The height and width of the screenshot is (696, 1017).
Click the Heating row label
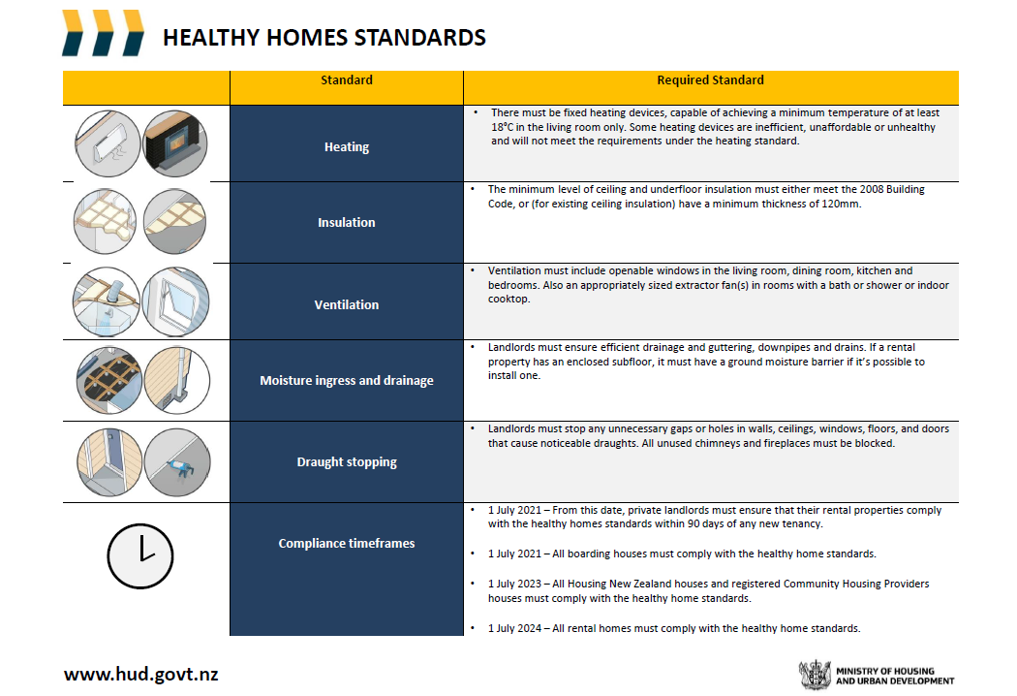pyautogui.click(x=347, y=146)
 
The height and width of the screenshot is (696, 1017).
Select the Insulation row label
pyautogui.click(x=347, y=222)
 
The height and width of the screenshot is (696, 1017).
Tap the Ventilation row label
pyautogui.click(x=347, y=304)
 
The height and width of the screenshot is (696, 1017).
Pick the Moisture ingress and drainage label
pyautogui.click(x=347, y=380)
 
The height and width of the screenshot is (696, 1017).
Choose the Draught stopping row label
pyautogui.click(x=347, y=461)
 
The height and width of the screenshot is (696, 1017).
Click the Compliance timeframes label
pyautogui.click(x=347, y=544)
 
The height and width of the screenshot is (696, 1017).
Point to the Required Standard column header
pyautogui.click(x=710, y=79)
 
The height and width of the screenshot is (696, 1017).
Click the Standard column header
pyautogui.click(x=347, y=79)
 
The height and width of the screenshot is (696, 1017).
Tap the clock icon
pyautogui.click(x=140, y=556)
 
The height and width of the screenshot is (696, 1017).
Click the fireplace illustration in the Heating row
pyautogui.click(x=175, y=143)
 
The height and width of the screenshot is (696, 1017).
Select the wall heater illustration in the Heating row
pyautogui.click(x=107, y=143)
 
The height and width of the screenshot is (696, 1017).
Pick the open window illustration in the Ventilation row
pyautogui.click(x=175, y=301)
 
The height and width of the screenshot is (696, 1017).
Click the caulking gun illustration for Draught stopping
pyautogui.click(x=177, y=462)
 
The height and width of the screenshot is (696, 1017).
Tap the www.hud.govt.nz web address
pyautogui.click(x=140, y=674)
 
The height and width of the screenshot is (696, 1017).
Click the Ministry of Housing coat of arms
pyautogui.click(x=815, y=676)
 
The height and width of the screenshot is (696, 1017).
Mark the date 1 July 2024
pyautogui.click(x=514, y=628)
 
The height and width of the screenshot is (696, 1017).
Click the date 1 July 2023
pyautogui.click(x=514, y=584)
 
